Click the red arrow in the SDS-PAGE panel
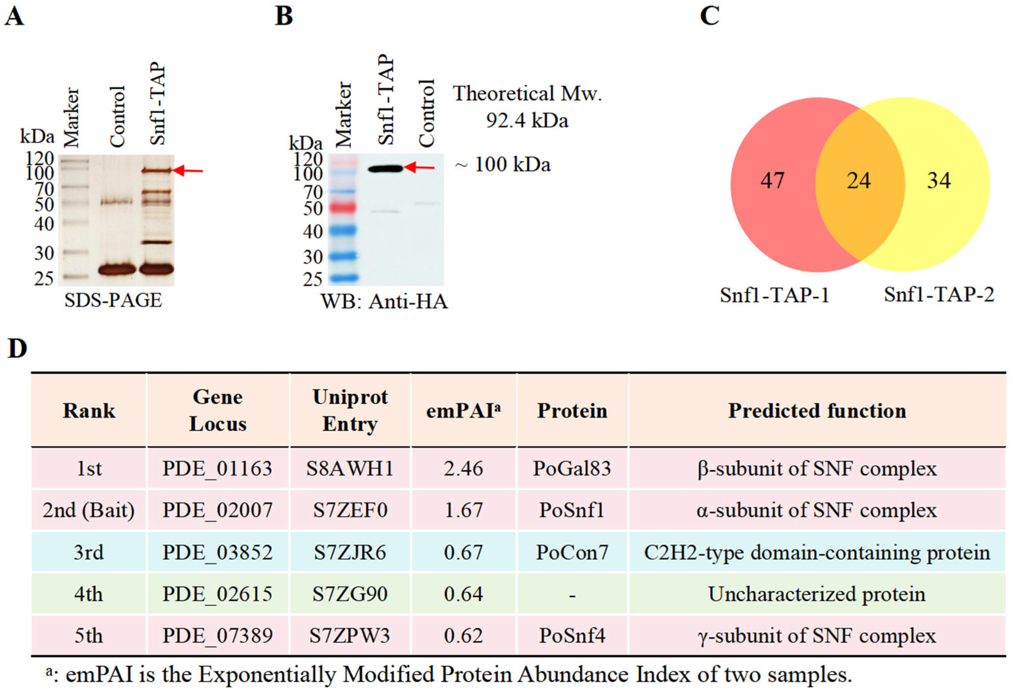coord(188,170)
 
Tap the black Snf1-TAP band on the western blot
coord(386,168)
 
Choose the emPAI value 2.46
coord(463,469)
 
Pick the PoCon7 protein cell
coord(572,552)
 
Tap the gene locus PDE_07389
coord(217,635)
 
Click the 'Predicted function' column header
coord(817,411)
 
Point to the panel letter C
coord(709,16)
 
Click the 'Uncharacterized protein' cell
coord(817,594)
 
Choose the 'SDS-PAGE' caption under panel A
coord(113,300)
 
